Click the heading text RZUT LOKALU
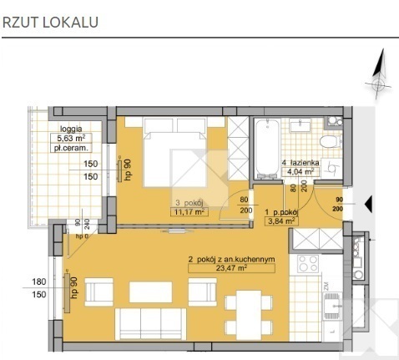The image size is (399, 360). tap(51, 23)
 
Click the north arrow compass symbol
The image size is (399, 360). tap(378, 76)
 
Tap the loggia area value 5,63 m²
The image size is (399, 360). tap(72, 139)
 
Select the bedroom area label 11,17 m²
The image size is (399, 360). tap(189, 212)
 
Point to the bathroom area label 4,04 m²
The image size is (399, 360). tap(300, 172)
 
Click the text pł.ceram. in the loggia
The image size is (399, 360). tap(72, 149)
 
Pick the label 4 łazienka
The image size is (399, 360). tap(299, 163)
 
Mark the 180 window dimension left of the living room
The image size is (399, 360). tap(38, 281)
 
